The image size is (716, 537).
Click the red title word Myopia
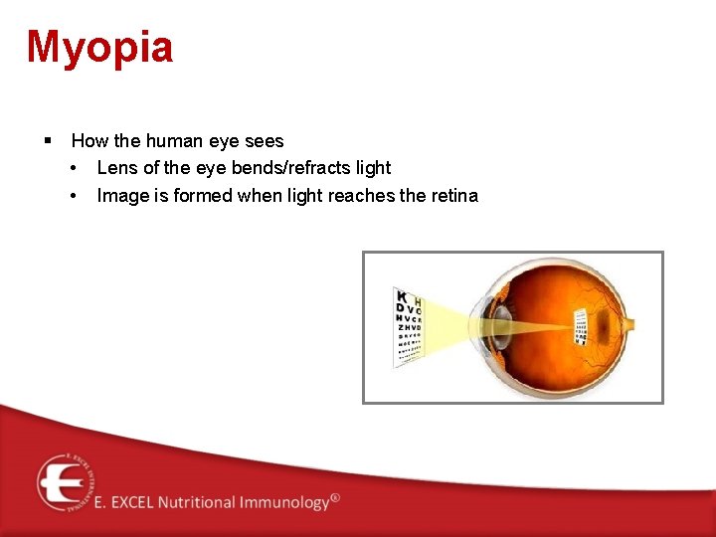coord(99,47)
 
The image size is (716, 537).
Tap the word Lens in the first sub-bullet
coord(117,168)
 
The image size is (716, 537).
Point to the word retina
coord(453,195)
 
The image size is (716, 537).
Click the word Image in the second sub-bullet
coord(122,195)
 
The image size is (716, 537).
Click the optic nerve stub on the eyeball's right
coord(629,322)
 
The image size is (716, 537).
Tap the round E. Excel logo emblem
coord(65,482)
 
